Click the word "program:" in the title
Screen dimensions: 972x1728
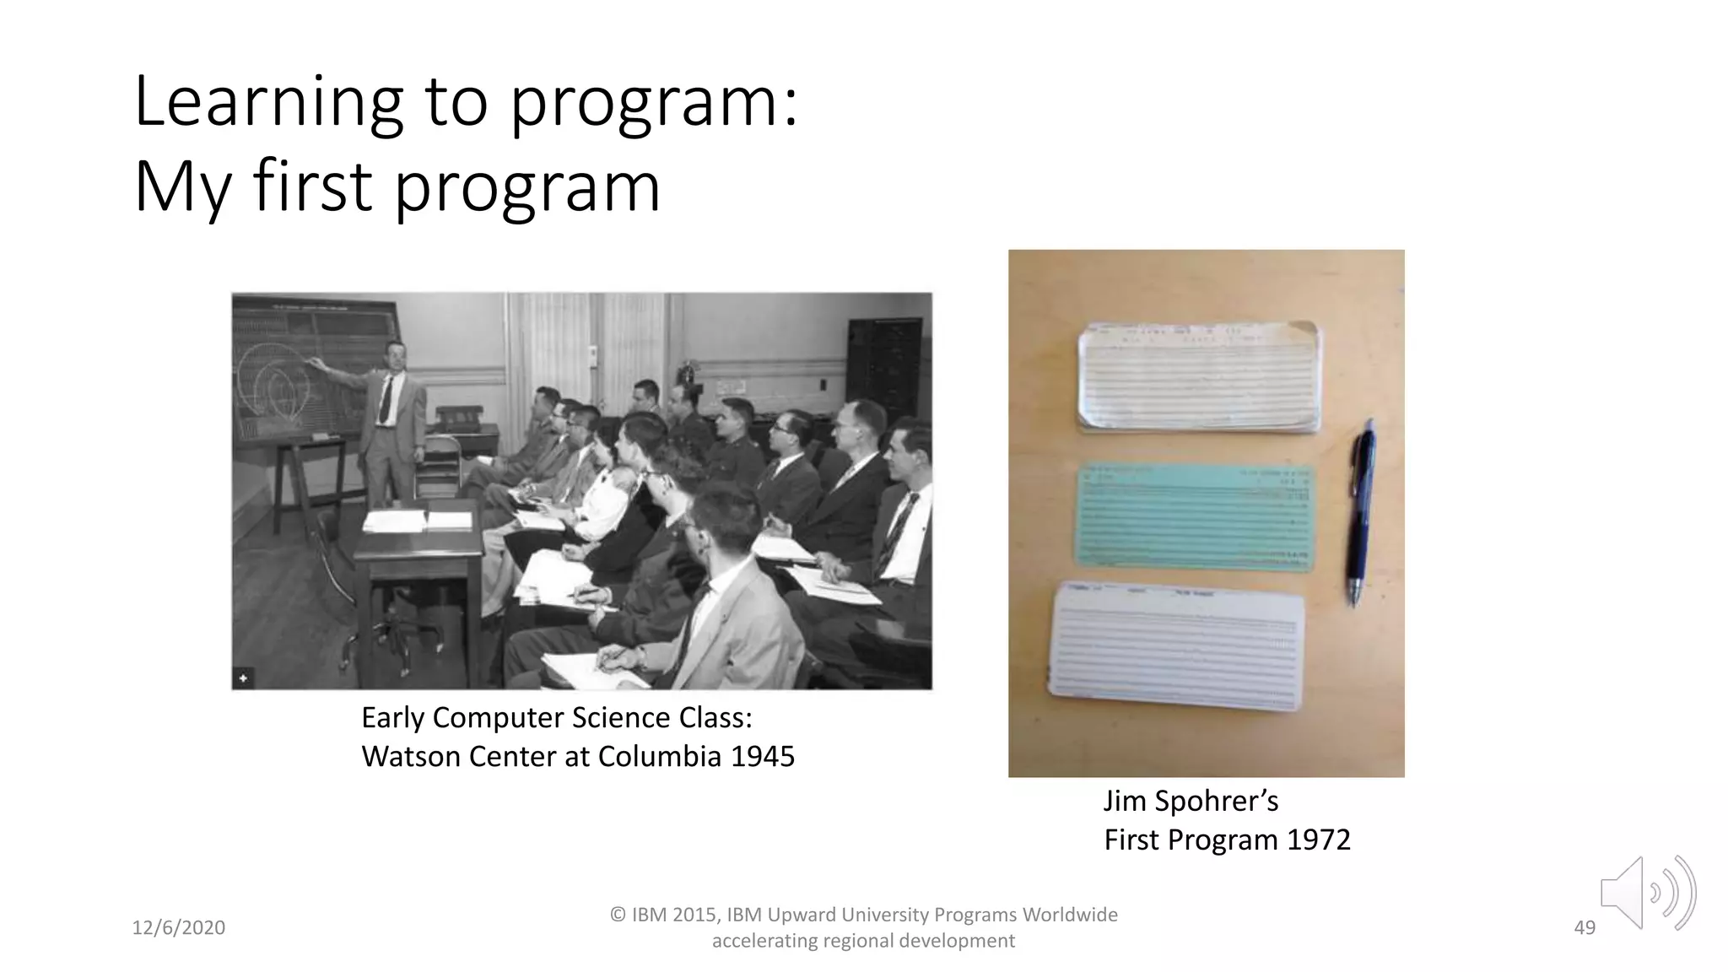click(654, 103)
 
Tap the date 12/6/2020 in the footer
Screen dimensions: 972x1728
click(179, 928)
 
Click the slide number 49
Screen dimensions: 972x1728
click(1585, 928)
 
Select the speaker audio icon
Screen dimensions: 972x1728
click(1646, 893)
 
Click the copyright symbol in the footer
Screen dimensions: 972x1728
click(618, 915)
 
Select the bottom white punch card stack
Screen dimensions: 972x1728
click(1176, 646)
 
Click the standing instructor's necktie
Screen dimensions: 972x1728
click(386, 399)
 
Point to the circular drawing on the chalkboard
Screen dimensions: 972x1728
click(274, 384)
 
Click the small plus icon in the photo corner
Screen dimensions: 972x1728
click(243, 678)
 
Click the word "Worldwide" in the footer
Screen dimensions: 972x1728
click(1070, 915)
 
